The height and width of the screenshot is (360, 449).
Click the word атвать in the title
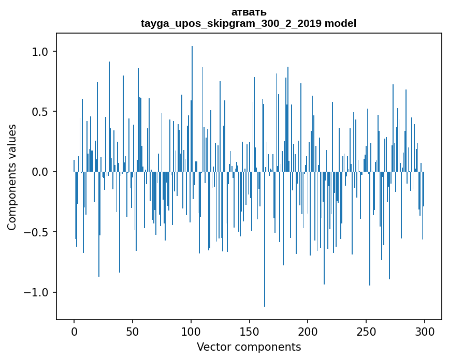(249, 12)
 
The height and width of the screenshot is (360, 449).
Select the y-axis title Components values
(12, 177)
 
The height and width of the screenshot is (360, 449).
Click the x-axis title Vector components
(249, 347)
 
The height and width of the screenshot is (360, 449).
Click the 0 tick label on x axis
(74, 331)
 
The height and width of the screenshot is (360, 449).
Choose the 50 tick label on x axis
(133, 331)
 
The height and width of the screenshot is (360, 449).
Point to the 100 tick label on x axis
(191, 331)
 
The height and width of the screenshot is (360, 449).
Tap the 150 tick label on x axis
(250, 331)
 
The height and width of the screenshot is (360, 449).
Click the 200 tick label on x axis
(308, 331)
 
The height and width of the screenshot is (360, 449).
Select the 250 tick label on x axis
(366, 331)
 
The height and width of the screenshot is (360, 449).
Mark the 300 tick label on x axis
(425, 331)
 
